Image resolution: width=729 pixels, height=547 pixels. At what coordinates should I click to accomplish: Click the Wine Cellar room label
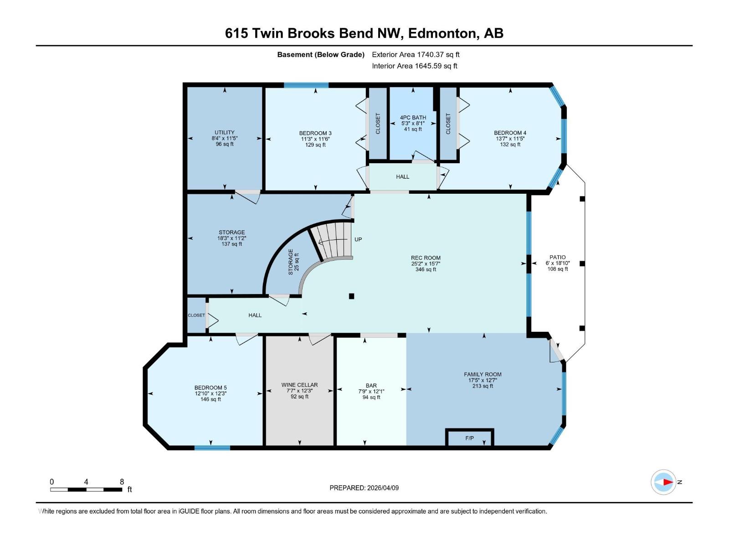point(299,385)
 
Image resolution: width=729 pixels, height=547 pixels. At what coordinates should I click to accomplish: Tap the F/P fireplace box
point(470,438)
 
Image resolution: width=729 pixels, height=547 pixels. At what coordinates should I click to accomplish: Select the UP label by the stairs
point(358,239)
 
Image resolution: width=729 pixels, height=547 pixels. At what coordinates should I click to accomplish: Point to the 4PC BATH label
point(413,118)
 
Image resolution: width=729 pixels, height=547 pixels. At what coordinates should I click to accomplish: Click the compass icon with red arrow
point(663,482)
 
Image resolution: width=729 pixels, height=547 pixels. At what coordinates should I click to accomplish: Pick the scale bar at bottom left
point(86,490)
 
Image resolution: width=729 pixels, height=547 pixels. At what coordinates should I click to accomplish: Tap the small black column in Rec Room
point(351,296)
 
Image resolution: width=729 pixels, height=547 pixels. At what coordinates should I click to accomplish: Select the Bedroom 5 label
point(210,388)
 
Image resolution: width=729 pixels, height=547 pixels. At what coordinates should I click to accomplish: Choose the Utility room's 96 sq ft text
point(225,144)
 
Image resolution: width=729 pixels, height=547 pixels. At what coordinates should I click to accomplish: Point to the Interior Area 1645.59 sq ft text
point(414,66)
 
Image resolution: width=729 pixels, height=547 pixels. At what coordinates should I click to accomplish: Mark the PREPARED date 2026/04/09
point(364,488)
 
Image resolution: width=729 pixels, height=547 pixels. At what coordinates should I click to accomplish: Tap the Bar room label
point(371,386)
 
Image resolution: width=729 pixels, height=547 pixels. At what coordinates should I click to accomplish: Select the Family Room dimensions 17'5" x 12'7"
point(483,380)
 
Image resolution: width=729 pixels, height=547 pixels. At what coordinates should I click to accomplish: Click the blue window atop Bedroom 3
point(306,85)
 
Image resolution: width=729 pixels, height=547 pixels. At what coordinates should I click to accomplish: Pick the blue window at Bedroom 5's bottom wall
point(212,448)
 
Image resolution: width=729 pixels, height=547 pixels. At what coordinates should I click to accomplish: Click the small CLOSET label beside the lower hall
point(196,315)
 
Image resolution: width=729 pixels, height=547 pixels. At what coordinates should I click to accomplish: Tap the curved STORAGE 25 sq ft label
point(293,262)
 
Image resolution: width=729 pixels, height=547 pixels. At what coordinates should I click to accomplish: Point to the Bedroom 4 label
point(510,133)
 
